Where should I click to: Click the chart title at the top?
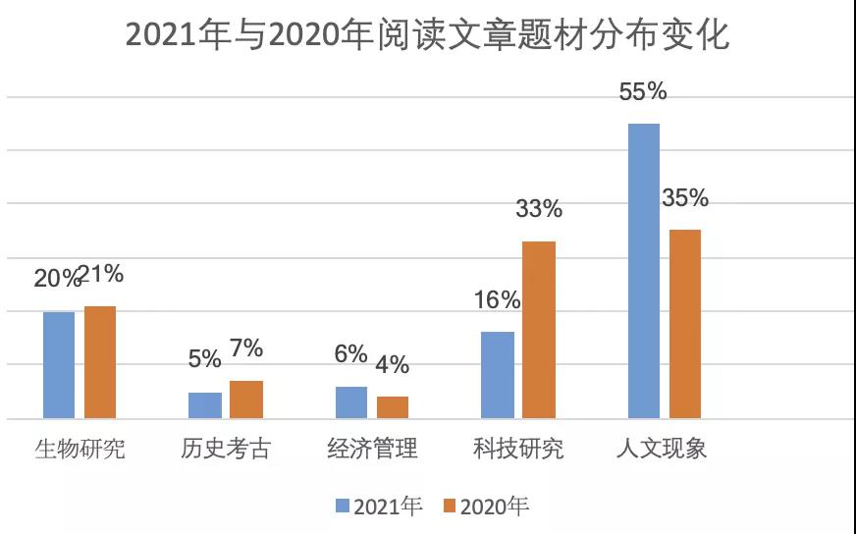pyautogui.click(x=428, y=36)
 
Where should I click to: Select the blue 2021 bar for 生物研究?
pyautogui.click(x=59, y=365)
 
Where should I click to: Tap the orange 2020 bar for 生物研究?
pyautogui.click(x=100, y=362)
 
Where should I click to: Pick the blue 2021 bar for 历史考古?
pyautogui.click(x=205, y=405)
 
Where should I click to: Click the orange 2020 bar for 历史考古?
pyautogui.click(x=246, y=400)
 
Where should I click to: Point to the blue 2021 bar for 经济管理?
pyautogui.click(x=351, y=402)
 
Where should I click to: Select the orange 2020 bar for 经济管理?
pyautogui.click(x=393, y=407)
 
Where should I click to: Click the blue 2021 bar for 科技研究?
pyautogui.click(x=498, y=375)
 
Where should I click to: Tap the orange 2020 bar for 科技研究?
pyautogui.click(x=539, y=330)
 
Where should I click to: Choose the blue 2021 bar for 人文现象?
pyautogui.click(x=644, y=271)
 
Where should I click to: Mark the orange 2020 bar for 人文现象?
pyautogui.click(x=685, y=324)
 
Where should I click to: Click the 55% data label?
pyautogui.click(x=643, y=92)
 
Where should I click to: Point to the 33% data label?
pyautogui.click(x=539, y=209)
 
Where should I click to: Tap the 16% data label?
pyautogui.click(x=497, y=300)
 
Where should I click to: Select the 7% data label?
pyautogui.click(x=246, y=348)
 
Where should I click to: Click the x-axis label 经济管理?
pyautogui.click(x=372, y=450)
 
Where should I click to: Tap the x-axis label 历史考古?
pyautogui.click(x=226, y=450)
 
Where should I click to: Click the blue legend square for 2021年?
pyautogui.click(x=343, y=507)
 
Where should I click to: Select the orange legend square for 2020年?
pyautogui.click(x=450, y=507)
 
